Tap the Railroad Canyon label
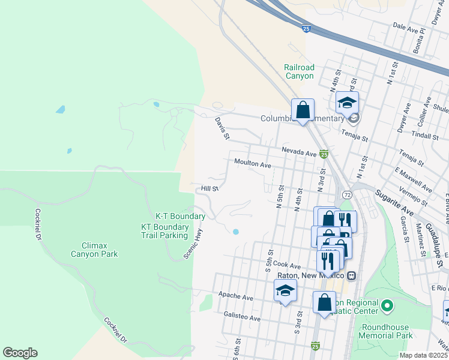[x=299, y=72]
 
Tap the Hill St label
[x=209, y=188]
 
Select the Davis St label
[x=222, y=127]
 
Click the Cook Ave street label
[x=286, y=265]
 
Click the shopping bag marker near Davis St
[x=303, y=110]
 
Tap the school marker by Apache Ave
[x=286, y=292]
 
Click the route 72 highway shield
[x=348, y=195]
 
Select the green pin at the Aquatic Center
[x=387, y=307]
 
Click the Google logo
[x=20, y=353]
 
